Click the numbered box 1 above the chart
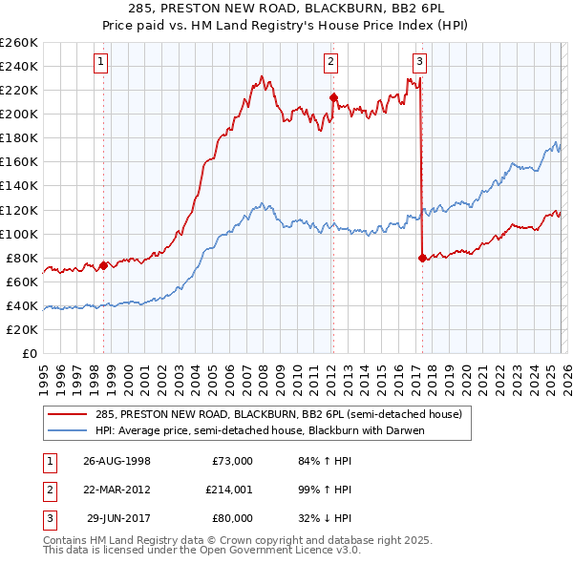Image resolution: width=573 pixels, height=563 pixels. coord(101,63)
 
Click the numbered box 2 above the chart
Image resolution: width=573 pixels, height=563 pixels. coord(330,63)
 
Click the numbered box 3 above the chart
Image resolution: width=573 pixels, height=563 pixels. coord(419,63)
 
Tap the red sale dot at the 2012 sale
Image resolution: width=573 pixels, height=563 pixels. coord(333,96)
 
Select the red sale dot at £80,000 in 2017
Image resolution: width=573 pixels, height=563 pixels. coord(422,257)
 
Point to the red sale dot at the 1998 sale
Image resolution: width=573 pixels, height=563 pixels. coord(104,265)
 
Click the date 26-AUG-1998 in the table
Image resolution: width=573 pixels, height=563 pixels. coord(117,461)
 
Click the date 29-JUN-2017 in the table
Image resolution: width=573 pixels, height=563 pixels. coord(117,518)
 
